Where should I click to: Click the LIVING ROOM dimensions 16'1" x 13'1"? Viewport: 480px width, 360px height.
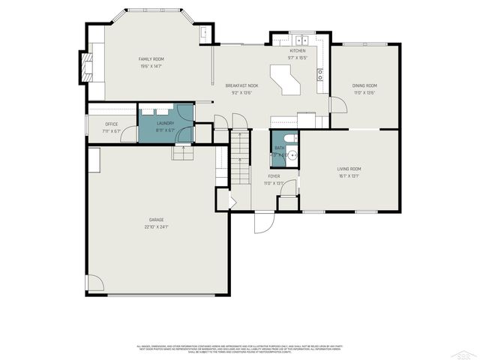(x=349, y=177)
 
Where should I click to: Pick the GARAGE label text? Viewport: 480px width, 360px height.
(x=156, y=220)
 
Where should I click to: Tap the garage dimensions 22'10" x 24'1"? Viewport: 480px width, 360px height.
(x=156, y=226)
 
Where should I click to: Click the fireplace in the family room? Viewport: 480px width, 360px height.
(x=88, y=66)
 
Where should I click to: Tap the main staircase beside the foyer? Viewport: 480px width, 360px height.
(x=239, y=157)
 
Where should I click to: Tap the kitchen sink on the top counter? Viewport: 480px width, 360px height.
(x=301, y=40)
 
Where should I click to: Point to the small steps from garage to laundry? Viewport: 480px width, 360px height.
(x=183, y=152)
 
